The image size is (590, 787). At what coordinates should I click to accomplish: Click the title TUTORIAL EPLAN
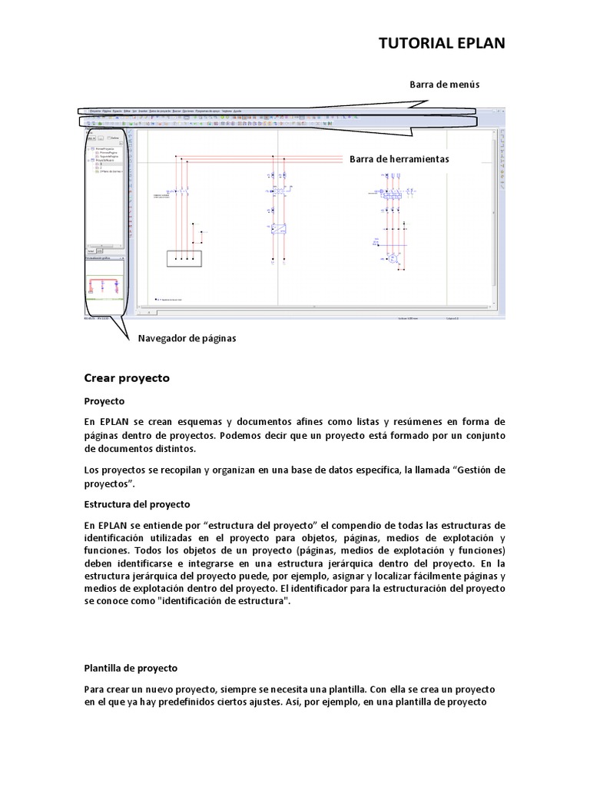point(443,43)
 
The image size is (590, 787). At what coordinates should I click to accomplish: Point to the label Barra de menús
point(444,85)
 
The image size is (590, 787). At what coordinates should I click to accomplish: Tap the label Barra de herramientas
point(399,159)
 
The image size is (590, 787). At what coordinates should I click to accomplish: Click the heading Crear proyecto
point(126,378)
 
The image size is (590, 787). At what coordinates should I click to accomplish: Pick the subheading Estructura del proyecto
point(138,504)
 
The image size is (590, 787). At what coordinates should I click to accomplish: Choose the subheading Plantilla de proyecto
point(131,669)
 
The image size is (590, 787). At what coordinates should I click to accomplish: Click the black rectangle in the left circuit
point(184,258)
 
